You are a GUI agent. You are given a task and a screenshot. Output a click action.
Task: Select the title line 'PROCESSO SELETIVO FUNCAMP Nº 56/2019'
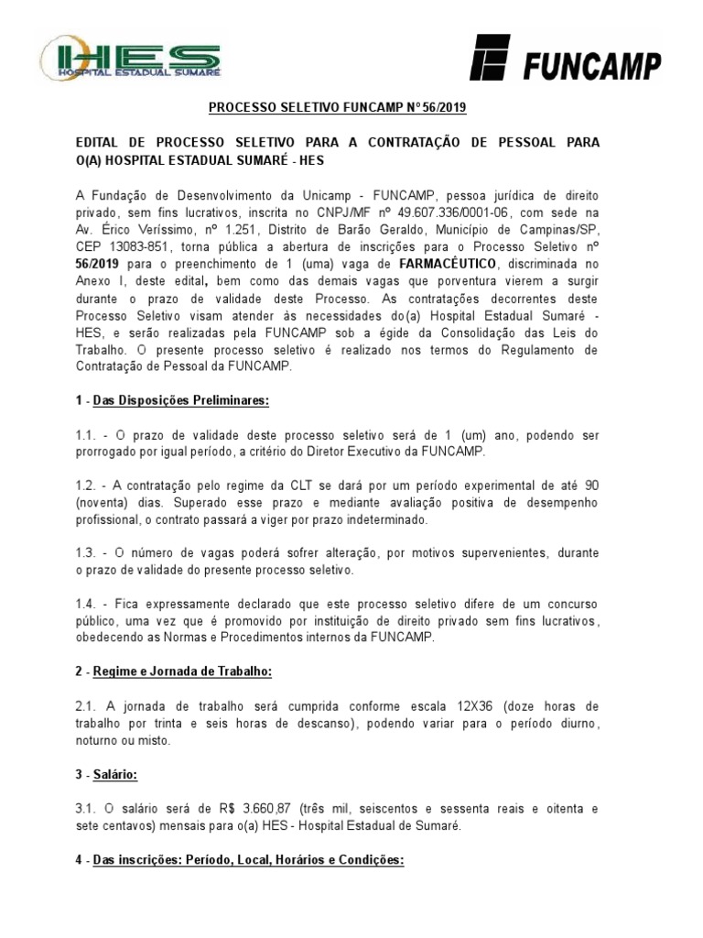coord(338,108)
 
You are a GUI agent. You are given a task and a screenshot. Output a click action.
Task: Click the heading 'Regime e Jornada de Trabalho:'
coord(182,671)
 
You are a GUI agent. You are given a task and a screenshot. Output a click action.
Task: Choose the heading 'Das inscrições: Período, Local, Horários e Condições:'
coord(248,861)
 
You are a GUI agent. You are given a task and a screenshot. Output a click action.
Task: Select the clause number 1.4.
coord(87,604)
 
